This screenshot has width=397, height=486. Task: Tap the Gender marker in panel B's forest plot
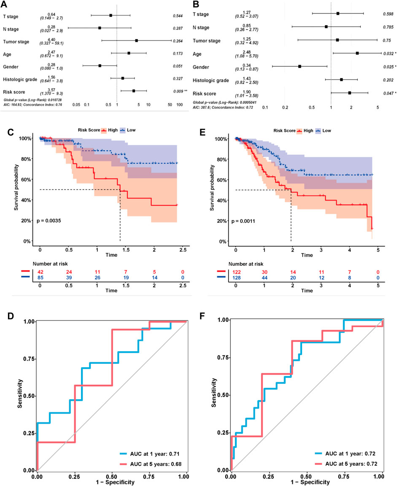300,67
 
